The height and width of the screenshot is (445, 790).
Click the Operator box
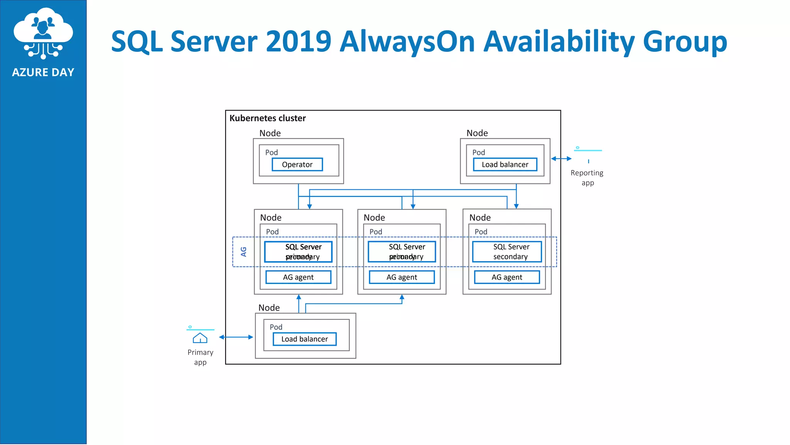tap(297, 165)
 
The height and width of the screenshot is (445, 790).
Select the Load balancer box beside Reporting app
tap(505, 165)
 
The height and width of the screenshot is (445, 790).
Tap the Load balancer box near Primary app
tap(304, 339)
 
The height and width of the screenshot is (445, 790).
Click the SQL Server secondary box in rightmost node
tap(507, 252)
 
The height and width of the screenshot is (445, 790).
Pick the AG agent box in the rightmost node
tap(507, 277)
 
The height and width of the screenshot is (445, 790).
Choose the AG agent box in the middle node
tap(402, 277)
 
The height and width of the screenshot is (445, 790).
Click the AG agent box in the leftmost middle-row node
tap(298, 277)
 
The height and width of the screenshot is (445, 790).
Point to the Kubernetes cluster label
tap(267, 118)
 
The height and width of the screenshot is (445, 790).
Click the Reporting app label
tap(587, 178)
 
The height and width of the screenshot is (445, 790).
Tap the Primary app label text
tap(200, 357)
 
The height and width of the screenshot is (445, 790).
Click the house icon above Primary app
tap(200, 338)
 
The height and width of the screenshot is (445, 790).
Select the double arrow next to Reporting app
tap(561, 159)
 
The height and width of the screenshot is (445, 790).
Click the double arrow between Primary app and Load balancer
tap(236, 337)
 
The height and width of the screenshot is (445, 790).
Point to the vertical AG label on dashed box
tap(243, 252)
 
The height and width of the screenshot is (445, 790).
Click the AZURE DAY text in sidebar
tap(43, 73)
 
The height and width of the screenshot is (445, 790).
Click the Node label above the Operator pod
tap(270, 133)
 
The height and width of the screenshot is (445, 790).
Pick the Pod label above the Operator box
tap(271, 153)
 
